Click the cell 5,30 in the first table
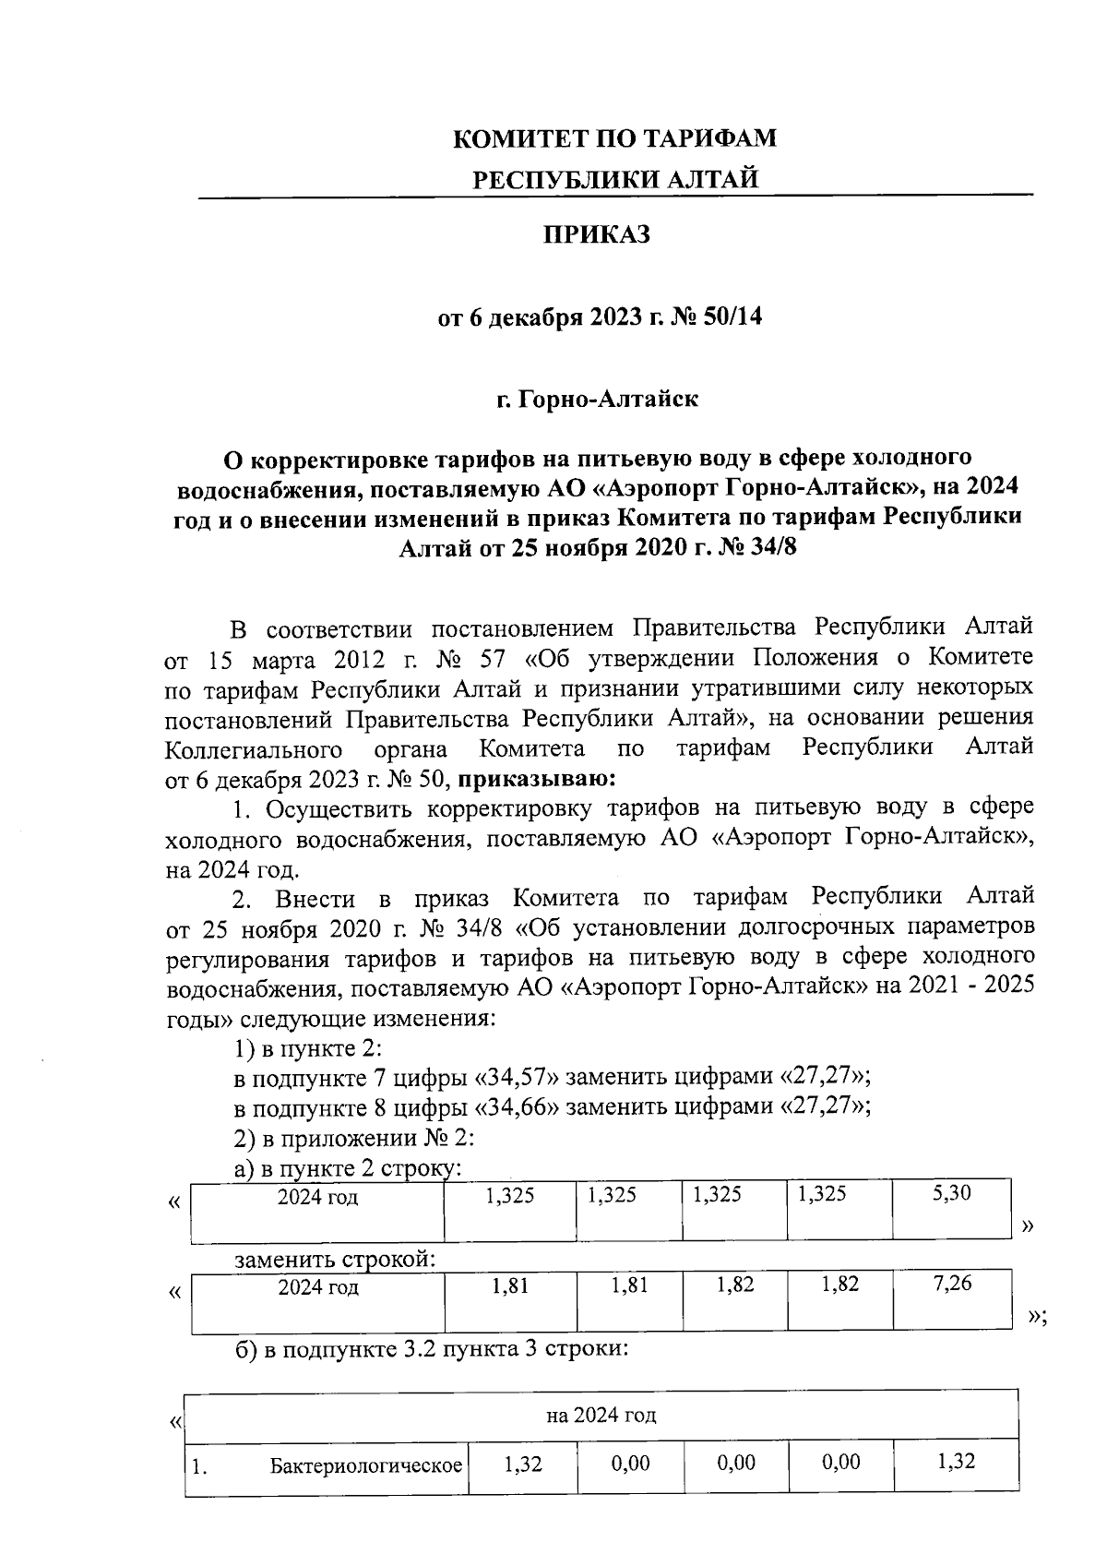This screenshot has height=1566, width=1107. (x=951, y=1193)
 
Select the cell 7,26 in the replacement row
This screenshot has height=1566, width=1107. (x=951, y=1284)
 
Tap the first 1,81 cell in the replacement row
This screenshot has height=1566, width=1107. (x=510, y=1285)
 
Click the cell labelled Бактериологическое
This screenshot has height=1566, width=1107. (x=365, y=1464)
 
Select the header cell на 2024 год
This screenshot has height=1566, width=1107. (x=601, y=1415)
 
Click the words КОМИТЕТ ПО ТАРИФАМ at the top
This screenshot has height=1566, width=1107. (x=615, y=138)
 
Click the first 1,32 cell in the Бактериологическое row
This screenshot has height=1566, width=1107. (x=522, y=1463)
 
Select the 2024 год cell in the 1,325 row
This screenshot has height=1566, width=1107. (x=317, y=1198)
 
